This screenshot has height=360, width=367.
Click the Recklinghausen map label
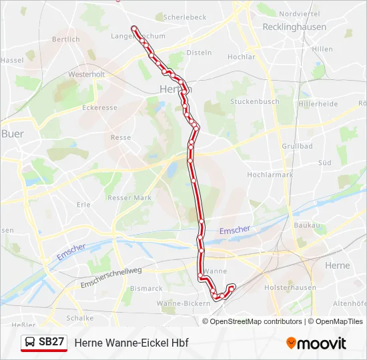(294, 27)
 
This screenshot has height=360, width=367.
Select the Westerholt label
(87, 75)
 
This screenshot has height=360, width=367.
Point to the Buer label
(13, 134)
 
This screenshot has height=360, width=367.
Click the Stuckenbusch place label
(255, 102)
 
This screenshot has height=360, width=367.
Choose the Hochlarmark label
(270, 175)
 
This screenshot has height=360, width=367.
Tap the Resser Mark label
(129, 197)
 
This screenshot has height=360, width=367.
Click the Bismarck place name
(146, 289)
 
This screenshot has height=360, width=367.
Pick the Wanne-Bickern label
(174, 303)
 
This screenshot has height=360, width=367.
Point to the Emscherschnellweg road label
(111, 277)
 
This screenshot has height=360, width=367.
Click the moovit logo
(316, 343)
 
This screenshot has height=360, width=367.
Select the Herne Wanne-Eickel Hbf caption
(131, 343)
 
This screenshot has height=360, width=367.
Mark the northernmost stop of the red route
(135, 29)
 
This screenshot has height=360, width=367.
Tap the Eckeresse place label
(99, 107)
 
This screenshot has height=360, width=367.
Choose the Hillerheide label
(318, 104)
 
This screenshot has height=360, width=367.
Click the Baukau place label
(307, 226)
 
